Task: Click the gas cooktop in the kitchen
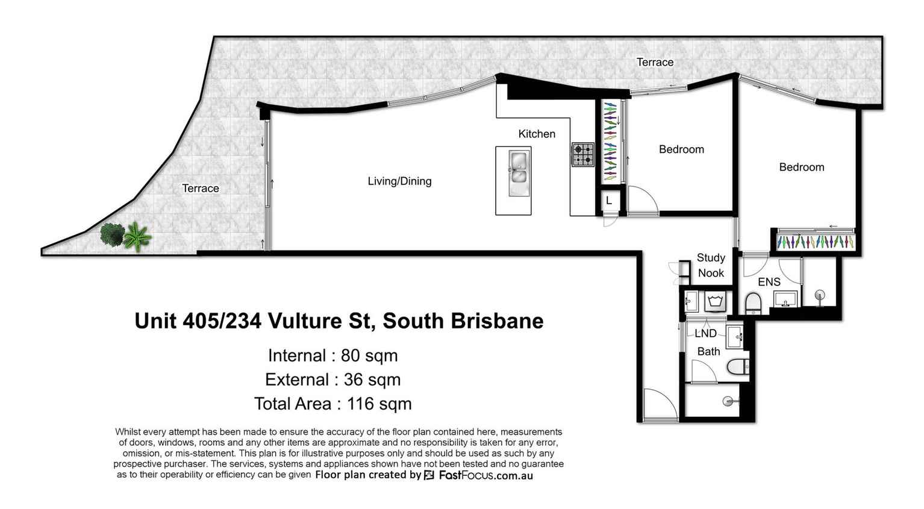(582, 154)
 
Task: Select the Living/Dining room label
(399, 181)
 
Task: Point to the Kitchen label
(537, 134)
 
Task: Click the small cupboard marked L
(609, 201)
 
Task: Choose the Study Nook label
(711, 265)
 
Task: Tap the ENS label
(769, 282)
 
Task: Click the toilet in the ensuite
(753, 302)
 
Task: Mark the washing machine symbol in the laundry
(716, 301)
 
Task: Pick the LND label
(705, 333)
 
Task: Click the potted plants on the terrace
(125, 236)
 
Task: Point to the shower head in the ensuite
(819, 296)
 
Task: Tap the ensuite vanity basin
(785, 299)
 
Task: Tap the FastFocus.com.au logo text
(485, 475)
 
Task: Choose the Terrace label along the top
(655, 62)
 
